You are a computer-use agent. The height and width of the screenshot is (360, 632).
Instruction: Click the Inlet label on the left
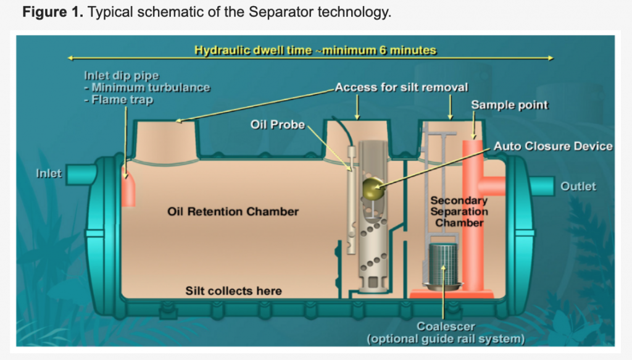coord(49,173)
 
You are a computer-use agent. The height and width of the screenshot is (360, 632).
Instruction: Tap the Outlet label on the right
coord(578,186)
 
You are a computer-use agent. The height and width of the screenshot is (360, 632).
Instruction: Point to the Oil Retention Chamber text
coord(233,212)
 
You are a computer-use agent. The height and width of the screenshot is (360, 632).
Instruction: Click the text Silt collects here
coord(233,290)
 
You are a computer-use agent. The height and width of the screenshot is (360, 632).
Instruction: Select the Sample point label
coord(509,105)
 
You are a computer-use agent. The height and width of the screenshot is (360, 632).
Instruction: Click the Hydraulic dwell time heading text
coord(315,51)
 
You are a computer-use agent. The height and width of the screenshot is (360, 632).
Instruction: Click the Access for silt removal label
coord(401,88)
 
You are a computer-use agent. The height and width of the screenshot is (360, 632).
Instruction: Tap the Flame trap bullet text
coord(122,100)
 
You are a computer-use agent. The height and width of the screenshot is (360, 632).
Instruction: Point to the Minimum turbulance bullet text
coord(151,88)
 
